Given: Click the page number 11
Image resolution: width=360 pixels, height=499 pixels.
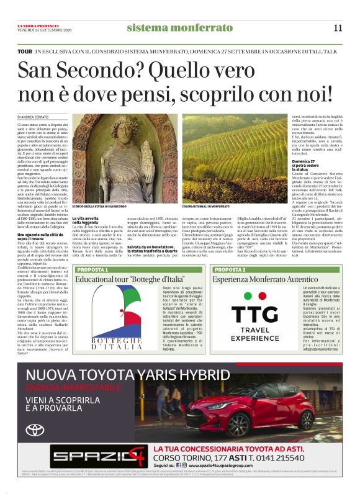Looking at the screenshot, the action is tap(338, 27).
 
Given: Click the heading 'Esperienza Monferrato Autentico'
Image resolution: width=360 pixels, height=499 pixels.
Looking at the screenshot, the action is tap(256, 281).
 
